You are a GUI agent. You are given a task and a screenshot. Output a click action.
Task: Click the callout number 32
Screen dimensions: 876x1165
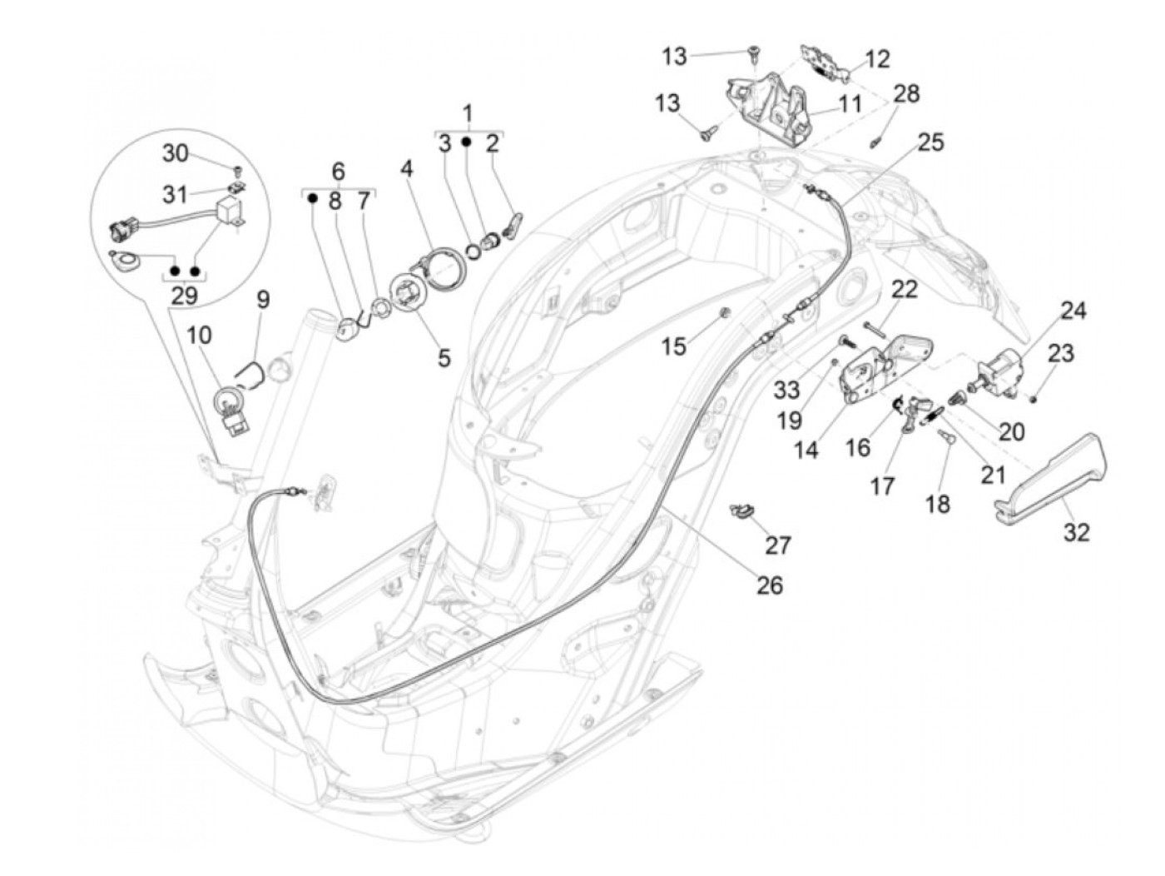(1076, 531)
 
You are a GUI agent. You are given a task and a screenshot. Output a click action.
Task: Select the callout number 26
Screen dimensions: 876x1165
(770, 585)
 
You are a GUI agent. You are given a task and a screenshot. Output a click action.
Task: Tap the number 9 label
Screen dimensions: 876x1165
(263, 299)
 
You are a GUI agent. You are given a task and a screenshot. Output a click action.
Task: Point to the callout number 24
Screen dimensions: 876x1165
(1073, 311)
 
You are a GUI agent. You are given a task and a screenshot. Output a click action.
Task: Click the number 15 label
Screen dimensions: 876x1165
(674, 346)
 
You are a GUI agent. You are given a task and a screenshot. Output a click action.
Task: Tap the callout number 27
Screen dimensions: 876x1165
(778, 545)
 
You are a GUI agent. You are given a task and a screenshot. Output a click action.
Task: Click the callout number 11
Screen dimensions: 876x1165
(850, 105)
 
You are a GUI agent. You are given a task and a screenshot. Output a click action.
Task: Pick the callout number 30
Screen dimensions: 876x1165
(175, 153)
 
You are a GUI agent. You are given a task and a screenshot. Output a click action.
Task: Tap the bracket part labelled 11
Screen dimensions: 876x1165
(770, 108)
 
